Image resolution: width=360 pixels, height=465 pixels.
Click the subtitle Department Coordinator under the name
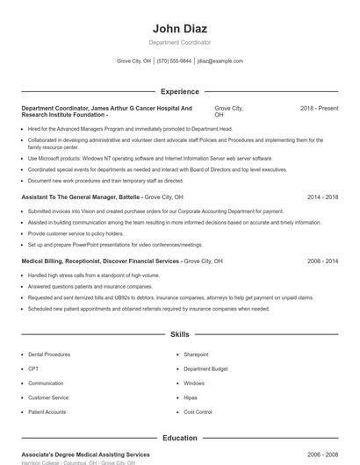click(179, 42)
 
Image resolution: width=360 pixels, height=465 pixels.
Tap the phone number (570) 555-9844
click(174, 61)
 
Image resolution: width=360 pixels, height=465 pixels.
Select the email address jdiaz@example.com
click(220, 61)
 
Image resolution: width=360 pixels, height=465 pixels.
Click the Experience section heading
click(179, 91)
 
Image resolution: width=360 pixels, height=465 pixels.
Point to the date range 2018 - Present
click(319, 108)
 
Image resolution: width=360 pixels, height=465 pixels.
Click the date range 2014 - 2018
click(322, 197)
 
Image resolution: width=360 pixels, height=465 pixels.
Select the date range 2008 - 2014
click(322, 261)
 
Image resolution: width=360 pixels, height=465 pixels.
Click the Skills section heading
click(179, 334)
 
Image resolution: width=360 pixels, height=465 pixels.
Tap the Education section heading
click(179, 438)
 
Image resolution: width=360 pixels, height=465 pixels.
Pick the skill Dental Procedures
click(49, 354)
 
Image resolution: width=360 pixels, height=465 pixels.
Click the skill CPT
click(33, 368)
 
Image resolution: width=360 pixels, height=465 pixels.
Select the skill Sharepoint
click(196, 354)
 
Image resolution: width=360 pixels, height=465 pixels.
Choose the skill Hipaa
click(191, 397)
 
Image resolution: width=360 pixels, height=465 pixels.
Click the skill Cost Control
click(198, 411)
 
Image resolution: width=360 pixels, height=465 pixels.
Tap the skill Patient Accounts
click(47, 411)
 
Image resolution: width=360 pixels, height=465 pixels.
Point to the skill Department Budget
click(205, 368)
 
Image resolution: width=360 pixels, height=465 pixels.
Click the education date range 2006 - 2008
click(322, 454)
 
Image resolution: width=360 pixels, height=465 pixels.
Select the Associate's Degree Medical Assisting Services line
click(85, 454)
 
